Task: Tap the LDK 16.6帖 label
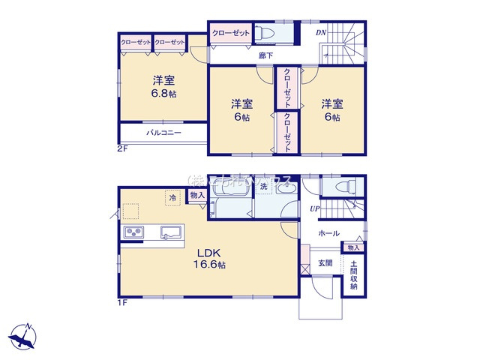coord(209,258)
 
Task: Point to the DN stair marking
coord(320,34)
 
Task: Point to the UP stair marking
coord(316,208)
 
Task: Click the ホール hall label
coord(328,233)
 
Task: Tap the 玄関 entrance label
coord(325,262)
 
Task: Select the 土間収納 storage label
coord(353,275)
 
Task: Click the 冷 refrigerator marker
coord(172,198)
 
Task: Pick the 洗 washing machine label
coord(263,187)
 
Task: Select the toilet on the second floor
coord(265,33)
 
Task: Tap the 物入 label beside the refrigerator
coord(196,195)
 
